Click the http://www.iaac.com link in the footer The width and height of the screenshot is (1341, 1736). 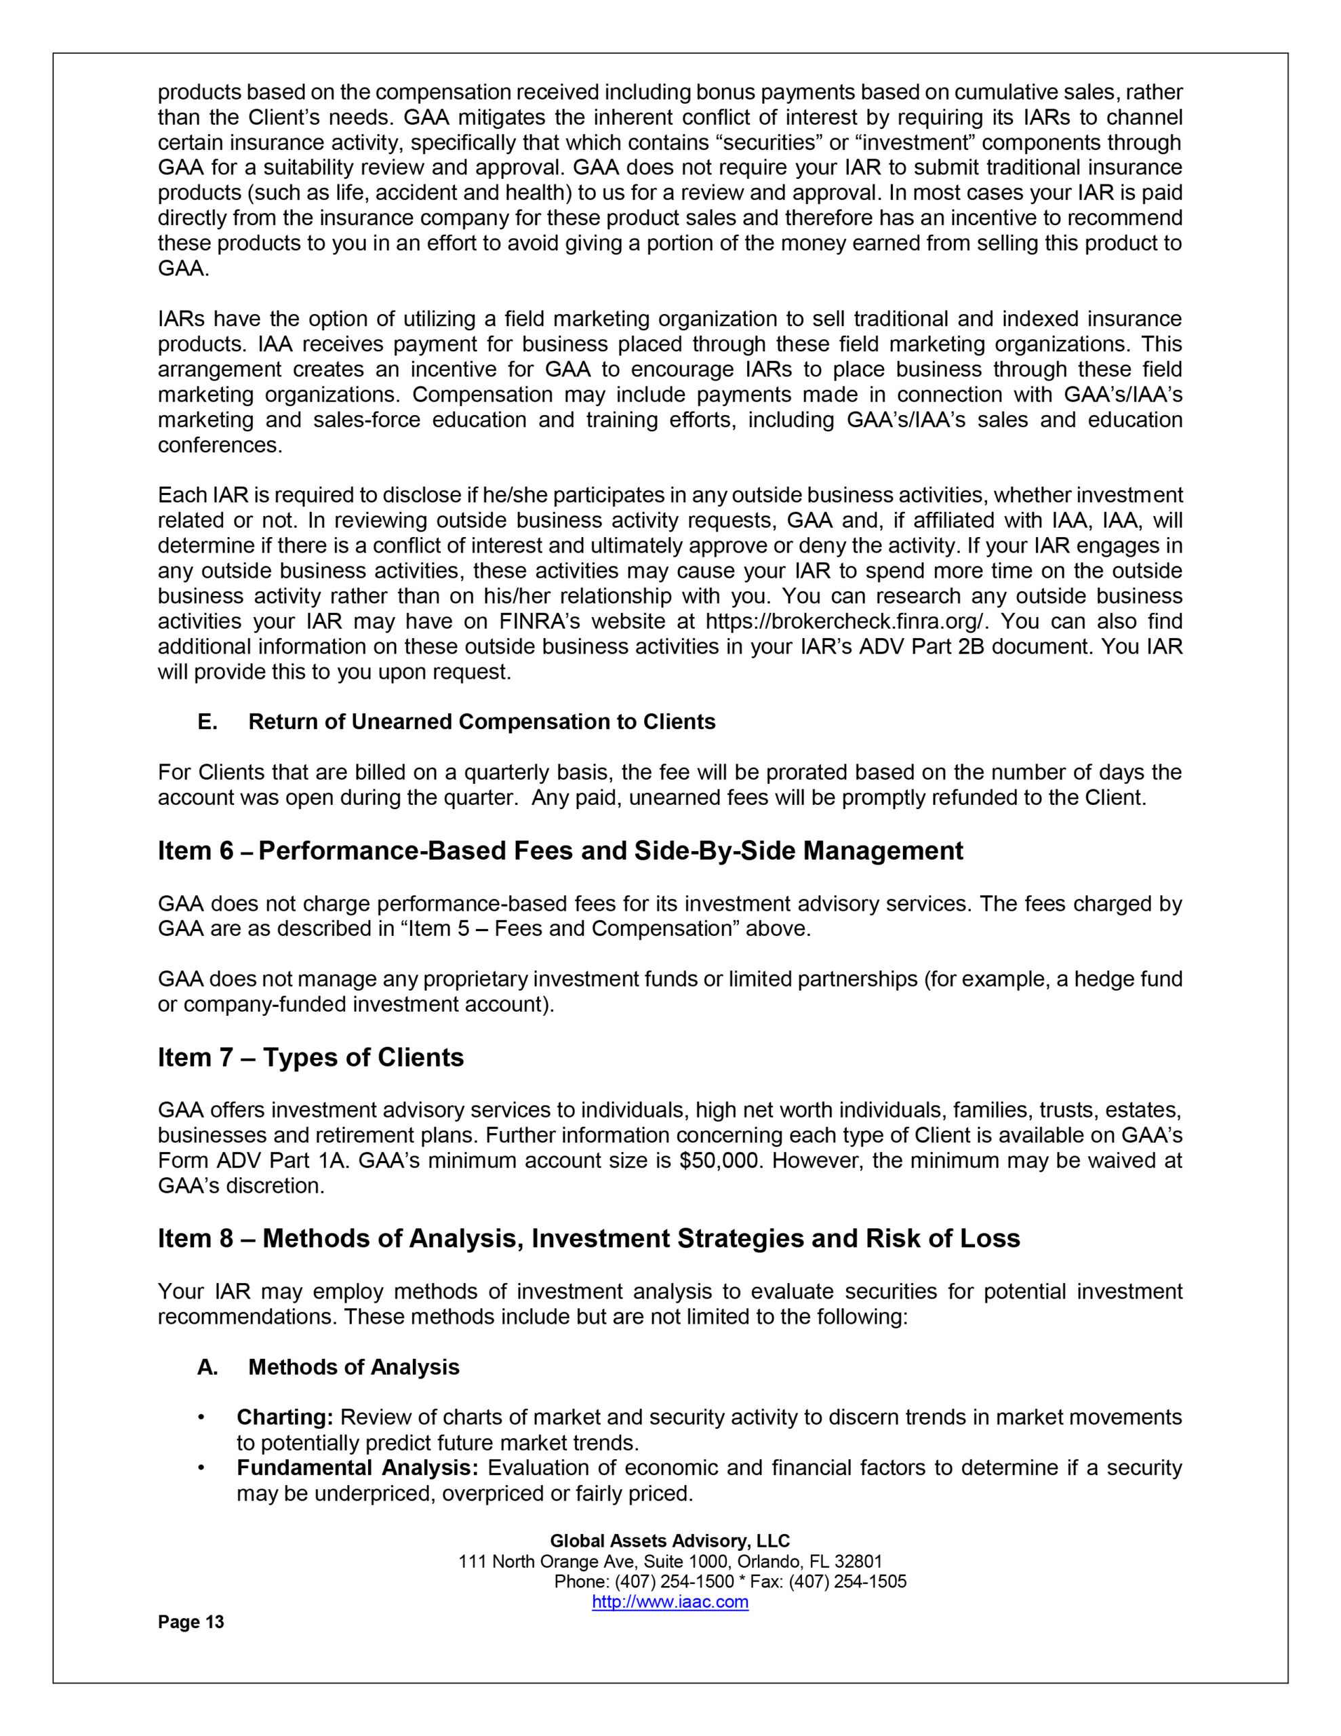click(x=670, y=1602)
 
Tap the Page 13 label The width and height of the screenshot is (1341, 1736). click(x=191, y=1622)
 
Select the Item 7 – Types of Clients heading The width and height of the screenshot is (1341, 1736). click(x=311, y=1057)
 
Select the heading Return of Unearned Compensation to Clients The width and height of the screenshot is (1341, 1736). click(x=482, y=722)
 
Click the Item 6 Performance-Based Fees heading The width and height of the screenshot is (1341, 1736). click(x=561, y=850)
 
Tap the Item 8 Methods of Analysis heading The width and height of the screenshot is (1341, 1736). click(x=588, y=1238)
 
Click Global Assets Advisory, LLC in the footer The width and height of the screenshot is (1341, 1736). click(x=670, y=1541)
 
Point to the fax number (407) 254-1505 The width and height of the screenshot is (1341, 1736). click(x=847, y=1582)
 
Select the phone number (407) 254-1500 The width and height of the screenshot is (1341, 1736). click(x=674, y=1582)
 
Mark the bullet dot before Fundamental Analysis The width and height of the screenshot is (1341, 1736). click(x=203, y=1467)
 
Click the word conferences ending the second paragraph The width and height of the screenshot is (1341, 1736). click(x=220, y=445)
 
